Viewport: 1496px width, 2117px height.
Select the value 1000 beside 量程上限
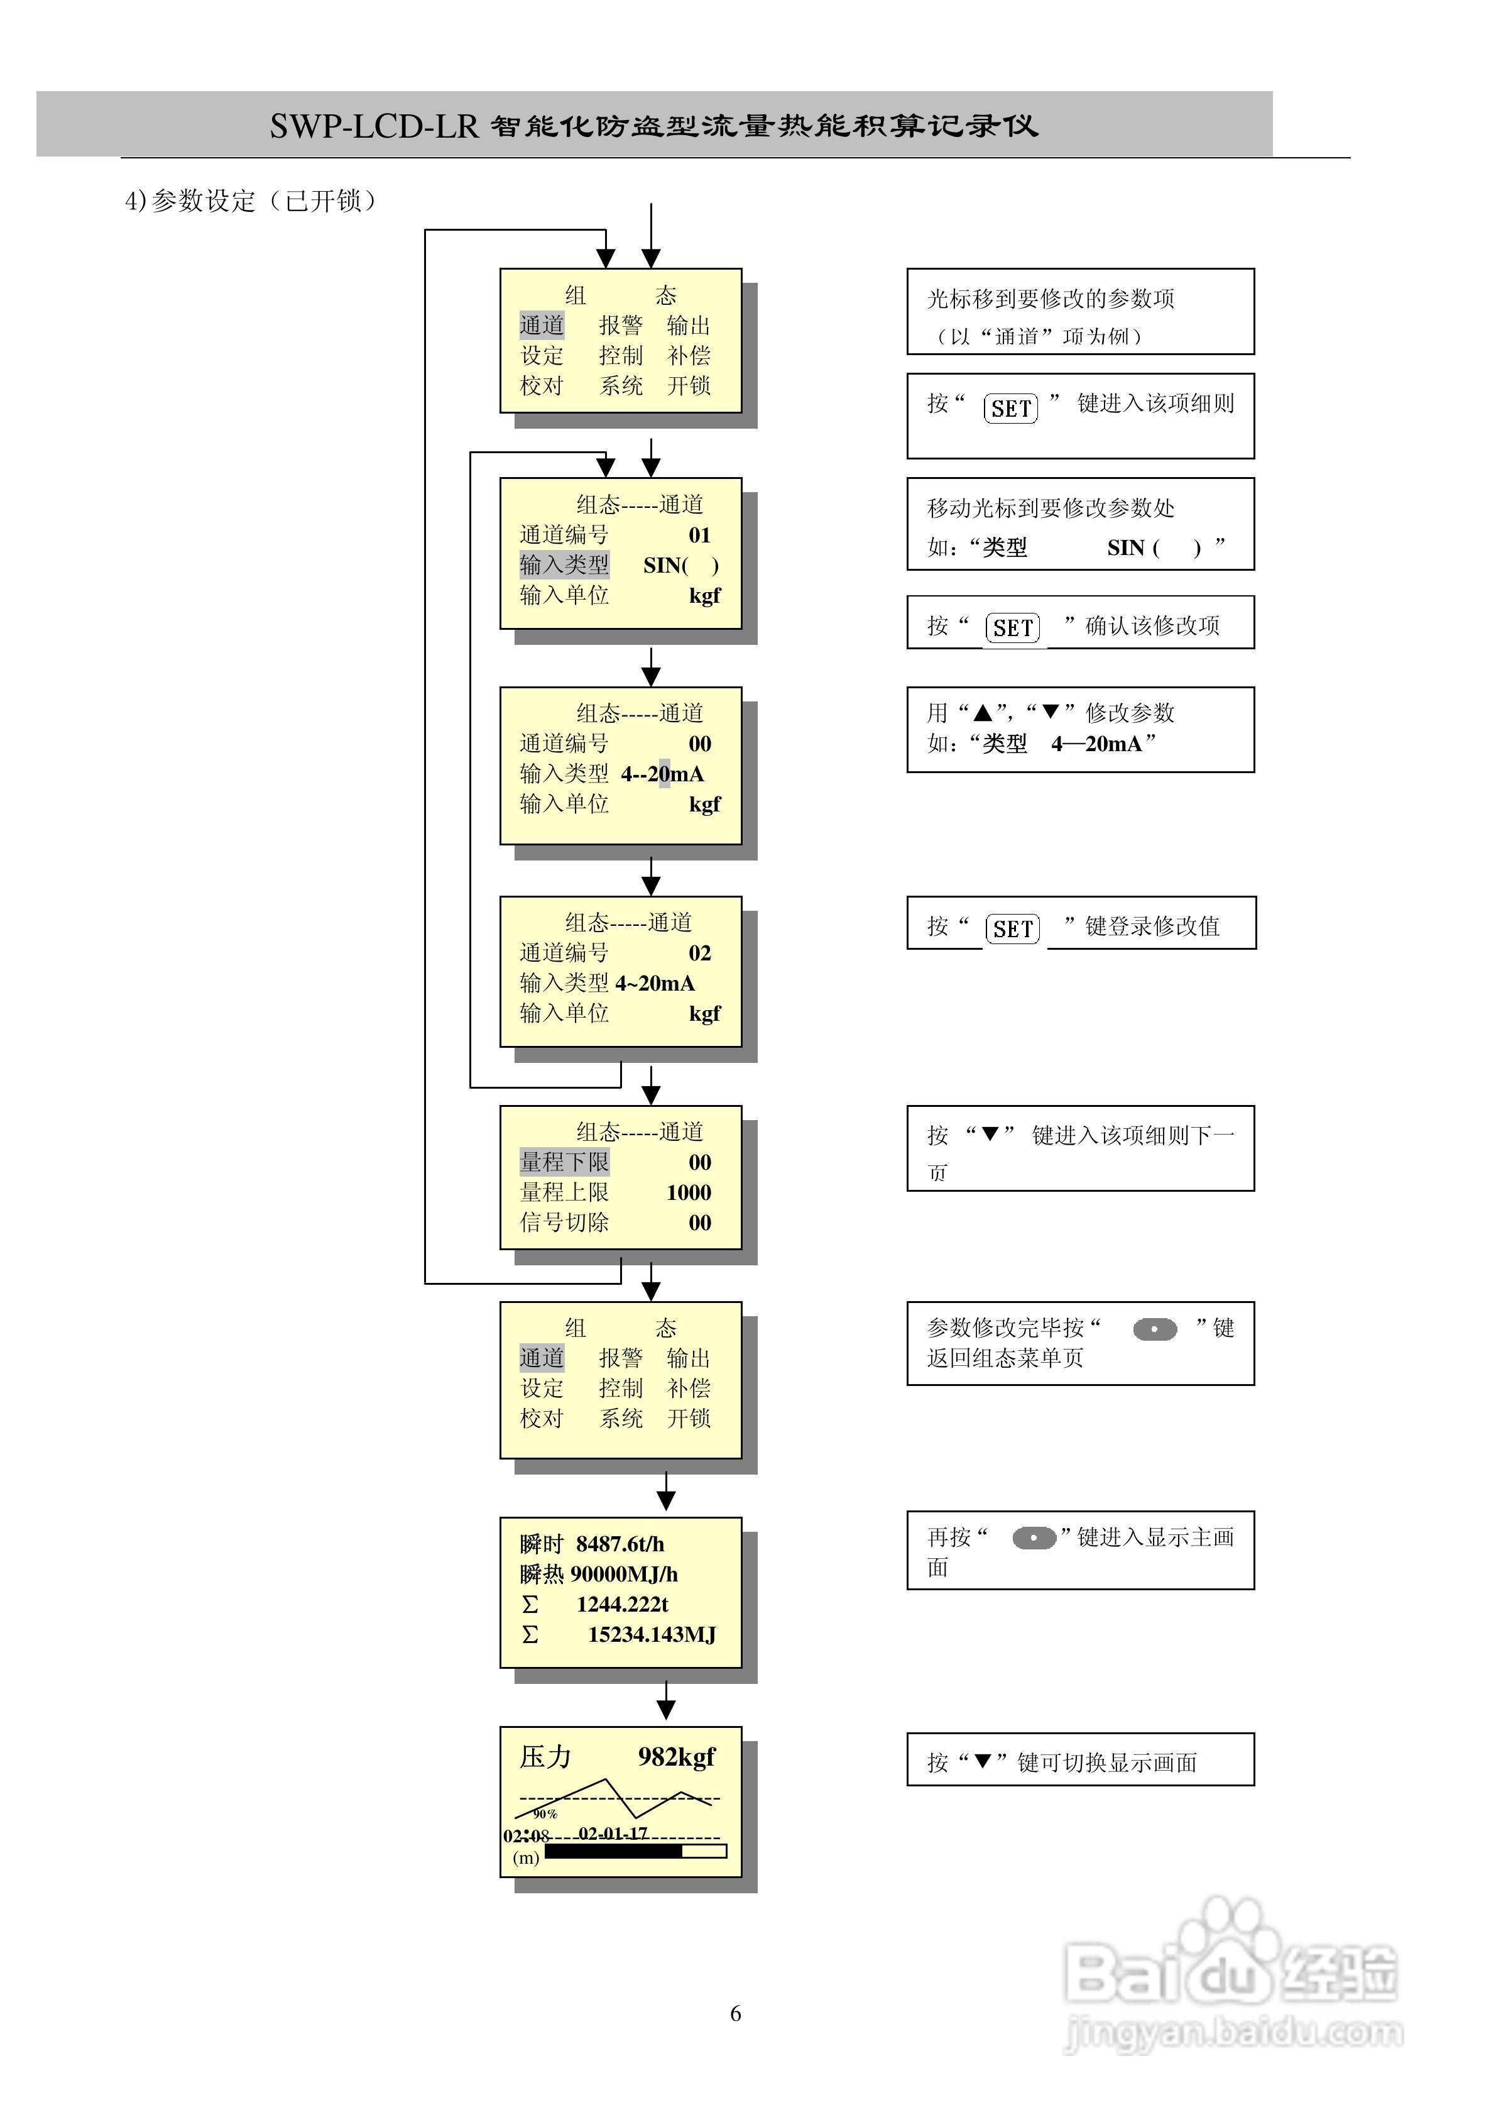tap(689, 1192)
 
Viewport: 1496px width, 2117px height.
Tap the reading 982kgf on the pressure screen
tap(677, 1756)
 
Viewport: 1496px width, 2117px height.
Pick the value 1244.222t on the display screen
tap(622, 1603)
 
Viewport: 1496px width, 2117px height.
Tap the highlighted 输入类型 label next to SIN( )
tap(564, 564)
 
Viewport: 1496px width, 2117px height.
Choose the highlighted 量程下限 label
tap(564, 1162)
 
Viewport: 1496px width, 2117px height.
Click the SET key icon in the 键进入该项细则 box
tap(1010, 407)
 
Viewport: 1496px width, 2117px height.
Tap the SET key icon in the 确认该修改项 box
tap(1013, 628)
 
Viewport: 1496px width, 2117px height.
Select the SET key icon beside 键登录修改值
tap(1013, 928)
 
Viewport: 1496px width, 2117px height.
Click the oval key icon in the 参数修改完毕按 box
tap(1155, 1329)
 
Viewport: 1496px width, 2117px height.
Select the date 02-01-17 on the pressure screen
tap(613, 1833)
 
